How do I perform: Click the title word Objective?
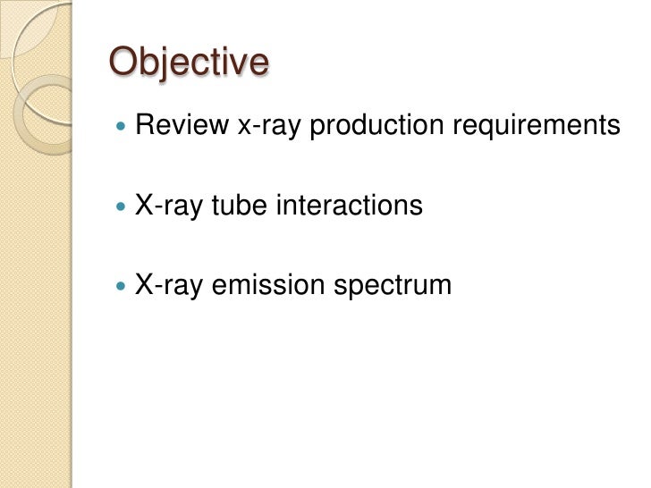[x=188, y=63]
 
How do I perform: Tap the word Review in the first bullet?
[x=182, y=127]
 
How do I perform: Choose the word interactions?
[x=345, y=206]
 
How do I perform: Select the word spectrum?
[x=392, y=287]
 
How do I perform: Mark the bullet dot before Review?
[x=122, y=128]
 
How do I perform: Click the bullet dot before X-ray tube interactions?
[x=122, y=207]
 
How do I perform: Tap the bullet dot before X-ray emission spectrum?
[x=122, y=286]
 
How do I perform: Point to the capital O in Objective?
[x=123, y=63]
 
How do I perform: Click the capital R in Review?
[x=144, y=127]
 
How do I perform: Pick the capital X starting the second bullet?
[x=143, y=206]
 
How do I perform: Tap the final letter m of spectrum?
[x=441, y=287]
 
